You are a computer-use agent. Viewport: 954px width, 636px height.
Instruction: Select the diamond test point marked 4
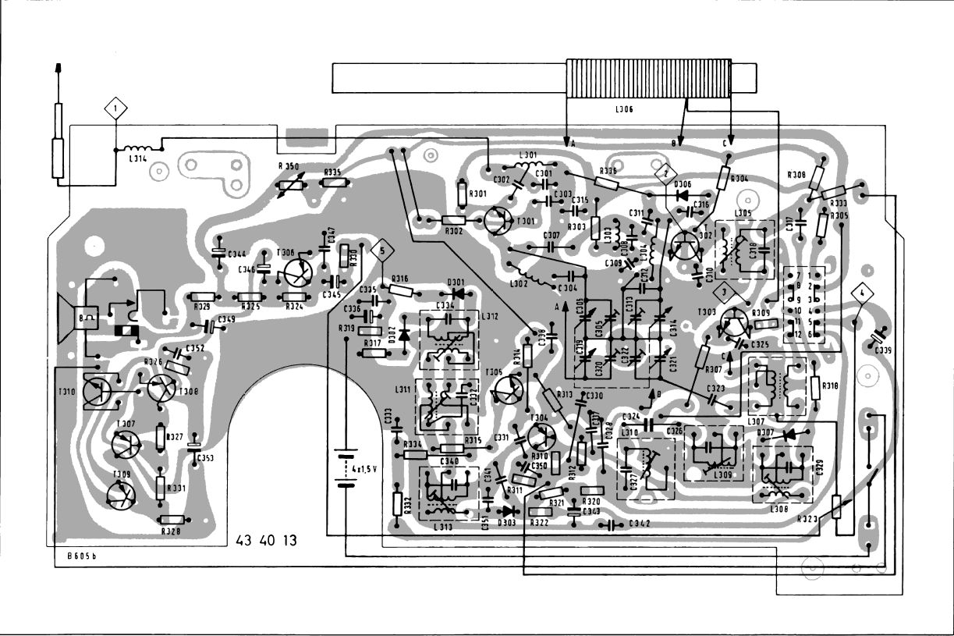pyautogui.click(x=862, y=293)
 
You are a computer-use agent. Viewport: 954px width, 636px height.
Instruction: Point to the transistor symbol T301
pyautogui.click(x=498, y=221)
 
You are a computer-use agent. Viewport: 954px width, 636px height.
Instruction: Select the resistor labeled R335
pyautogui.click(x=333, y=184)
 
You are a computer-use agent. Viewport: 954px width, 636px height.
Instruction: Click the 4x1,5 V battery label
pyautogui.click(x=364, y=469)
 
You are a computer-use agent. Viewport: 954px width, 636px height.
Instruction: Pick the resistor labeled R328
pyautogui.click(x=172, y=520)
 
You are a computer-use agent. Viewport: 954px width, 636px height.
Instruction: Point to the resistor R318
pyautogui.click(x=815, y=387)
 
